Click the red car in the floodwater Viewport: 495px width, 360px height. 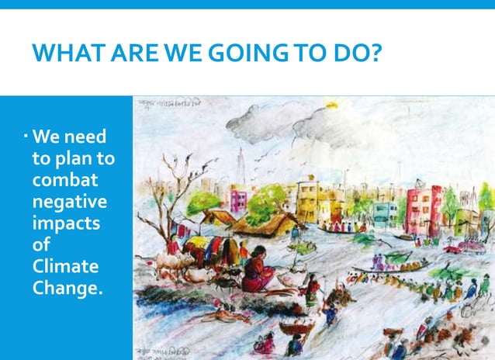tap(453, 249)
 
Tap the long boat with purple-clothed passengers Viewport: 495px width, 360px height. tap(341, 227)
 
